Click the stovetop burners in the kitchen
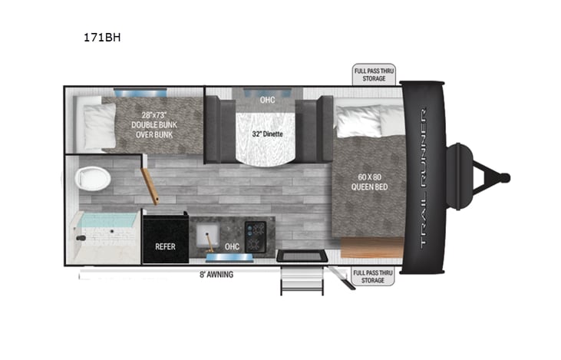[x=255, y=230]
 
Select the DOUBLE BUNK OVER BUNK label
[x=151, y=125]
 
